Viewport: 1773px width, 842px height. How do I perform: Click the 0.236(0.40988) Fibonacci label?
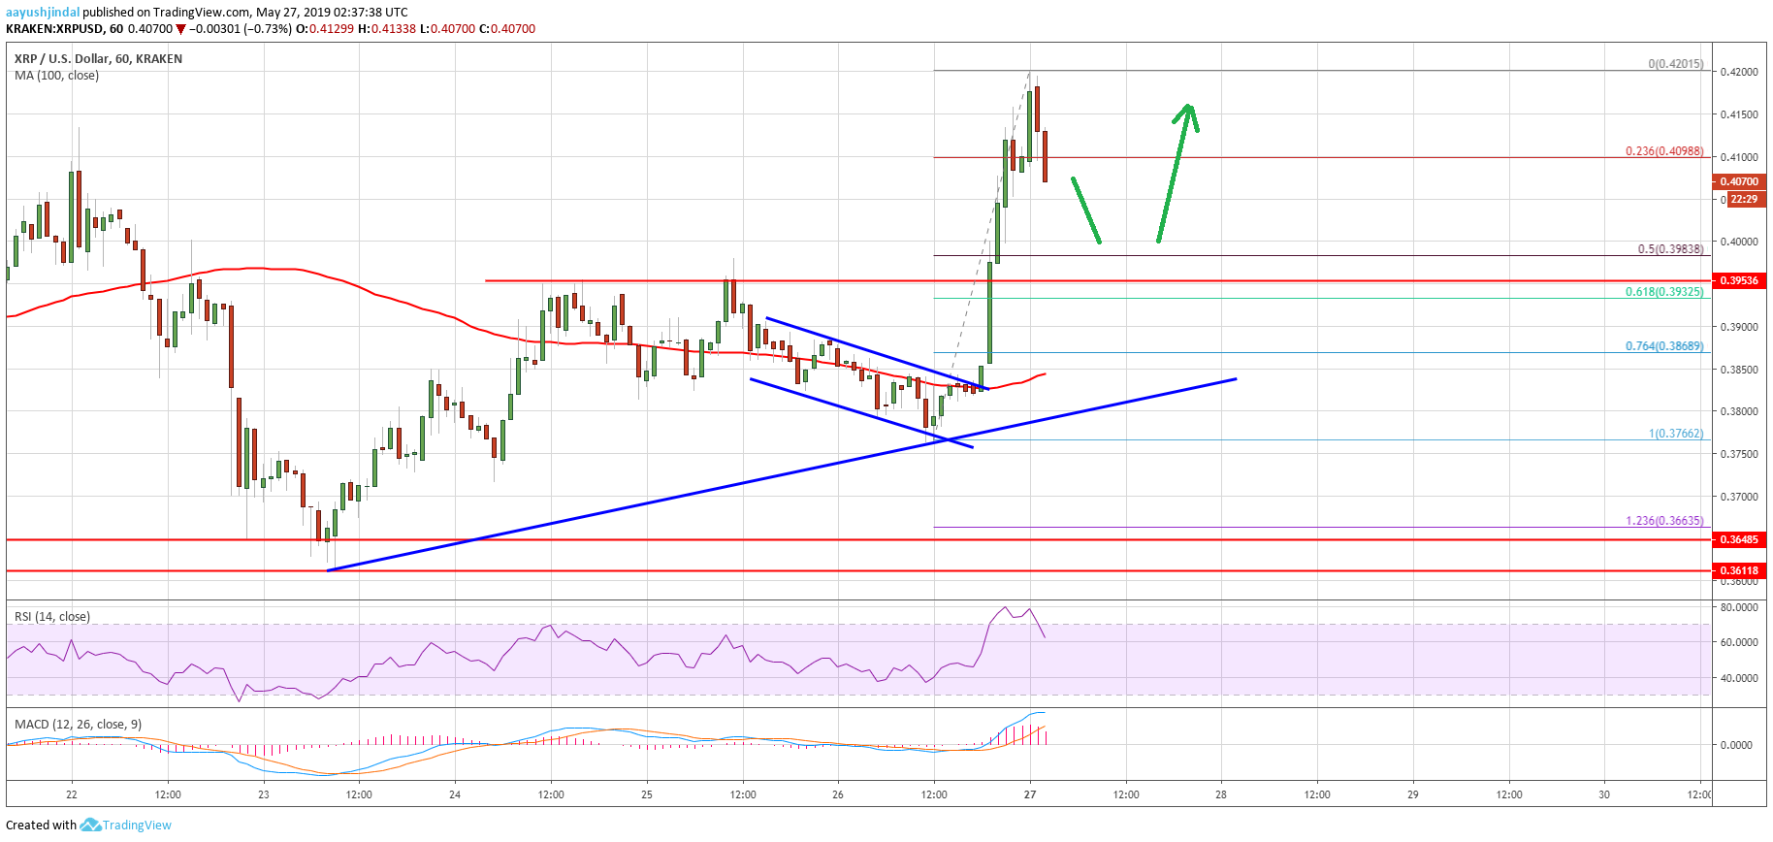point(1663,151)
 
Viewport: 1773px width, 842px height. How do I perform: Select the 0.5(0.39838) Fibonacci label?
point(1669,249)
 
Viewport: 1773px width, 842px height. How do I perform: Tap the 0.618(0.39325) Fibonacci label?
point(1663,292)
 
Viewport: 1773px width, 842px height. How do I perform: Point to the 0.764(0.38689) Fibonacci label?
point(1663,346)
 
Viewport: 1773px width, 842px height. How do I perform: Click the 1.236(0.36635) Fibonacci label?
point(1663,521)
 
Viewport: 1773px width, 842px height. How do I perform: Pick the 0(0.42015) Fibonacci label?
point(1675,64)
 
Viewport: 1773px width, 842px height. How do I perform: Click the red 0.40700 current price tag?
point(1738,181)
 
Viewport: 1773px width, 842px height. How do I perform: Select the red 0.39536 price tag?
point(1738,280)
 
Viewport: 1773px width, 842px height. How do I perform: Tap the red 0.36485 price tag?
point(1738,539)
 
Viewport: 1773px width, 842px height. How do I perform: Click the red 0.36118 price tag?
point(1738,570)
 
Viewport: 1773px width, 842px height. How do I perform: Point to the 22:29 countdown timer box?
point(1744,199)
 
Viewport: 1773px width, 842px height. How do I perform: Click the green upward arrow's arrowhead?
point(1188,112)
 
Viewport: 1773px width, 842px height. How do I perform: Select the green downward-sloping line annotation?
point(1085,210)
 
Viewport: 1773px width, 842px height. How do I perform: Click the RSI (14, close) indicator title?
point(52,617)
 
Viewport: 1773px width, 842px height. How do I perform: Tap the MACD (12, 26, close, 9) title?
point(78,725)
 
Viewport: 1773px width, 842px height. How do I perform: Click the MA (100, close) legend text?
point(56,76)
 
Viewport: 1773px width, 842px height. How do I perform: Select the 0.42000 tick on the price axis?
point(1738,72)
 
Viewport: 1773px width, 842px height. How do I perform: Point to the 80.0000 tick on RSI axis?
point(1738,608)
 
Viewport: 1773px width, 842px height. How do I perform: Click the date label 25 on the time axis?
point(647,794)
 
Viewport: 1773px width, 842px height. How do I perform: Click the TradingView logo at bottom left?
point(126,826)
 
